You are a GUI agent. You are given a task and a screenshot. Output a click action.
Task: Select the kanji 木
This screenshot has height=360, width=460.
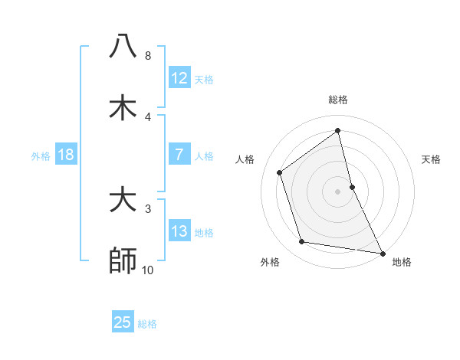click(x=123, y=107)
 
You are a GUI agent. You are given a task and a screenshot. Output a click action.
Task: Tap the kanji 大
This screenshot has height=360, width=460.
click(x=123, y=200)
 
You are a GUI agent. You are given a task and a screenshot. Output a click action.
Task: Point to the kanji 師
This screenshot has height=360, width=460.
click(x=123, y=260)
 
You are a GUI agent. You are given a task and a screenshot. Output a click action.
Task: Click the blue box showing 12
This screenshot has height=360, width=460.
click(x=179, y=78)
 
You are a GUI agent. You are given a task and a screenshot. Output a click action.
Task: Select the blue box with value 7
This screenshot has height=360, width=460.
click(x=179, y=155)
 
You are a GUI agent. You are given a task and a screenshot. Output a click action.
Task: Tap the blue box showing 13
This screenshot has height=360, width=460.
click(x=179, y=231)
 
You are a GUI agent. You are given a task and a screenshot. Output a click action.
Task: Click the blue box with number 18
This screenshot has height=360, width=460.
click(x=66, y=155)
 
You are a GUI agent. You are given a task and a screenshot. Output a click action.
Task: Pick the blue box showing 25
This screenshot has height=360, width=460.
click(x=123, y=322)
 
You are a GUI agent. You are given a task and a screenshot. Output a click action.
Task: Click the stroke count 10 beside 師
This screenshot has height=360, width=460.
click(x=148, y=270)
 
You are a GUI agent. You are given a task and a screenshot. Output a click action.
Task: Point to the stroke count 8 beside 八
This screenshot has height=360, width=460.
click(x=148, y=56)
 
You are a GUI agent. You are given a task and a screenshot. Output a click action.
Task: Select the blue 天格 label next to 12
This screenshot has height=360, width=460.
click(x=204, y=80)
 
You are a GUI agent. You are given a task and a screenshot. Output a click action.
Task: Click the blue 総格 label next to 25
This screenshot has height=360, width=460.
click(x=147, y=324)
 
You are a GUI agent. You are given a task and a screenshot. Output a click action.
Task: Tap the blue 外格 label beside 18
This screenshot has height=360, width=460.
click(x=41, y=156)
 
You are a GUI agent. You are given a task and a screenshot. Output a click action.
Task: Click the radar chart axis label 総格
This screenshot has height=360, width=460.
click(x=338, y=100)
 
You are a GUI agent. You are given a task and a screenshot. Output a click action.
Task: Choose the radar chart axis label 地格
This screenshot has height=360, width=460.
click(x=402, y=262)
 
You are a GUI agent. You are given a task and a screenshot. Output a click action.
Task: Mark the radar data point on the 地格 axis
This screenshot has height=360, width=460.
click(x=382, y=253)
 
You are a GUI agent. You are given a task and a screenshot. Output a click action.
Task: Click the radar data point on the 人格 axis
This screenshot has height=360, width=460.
click(x=280, y=172)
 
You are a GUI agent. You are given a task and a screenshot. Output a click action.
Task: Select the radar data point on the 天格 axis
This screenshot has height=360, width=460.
click(x=352, y=187)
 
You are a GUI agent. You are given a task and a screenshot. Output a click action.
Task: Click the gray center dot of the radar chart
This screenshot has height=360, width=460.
click(x=338, y=191)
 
